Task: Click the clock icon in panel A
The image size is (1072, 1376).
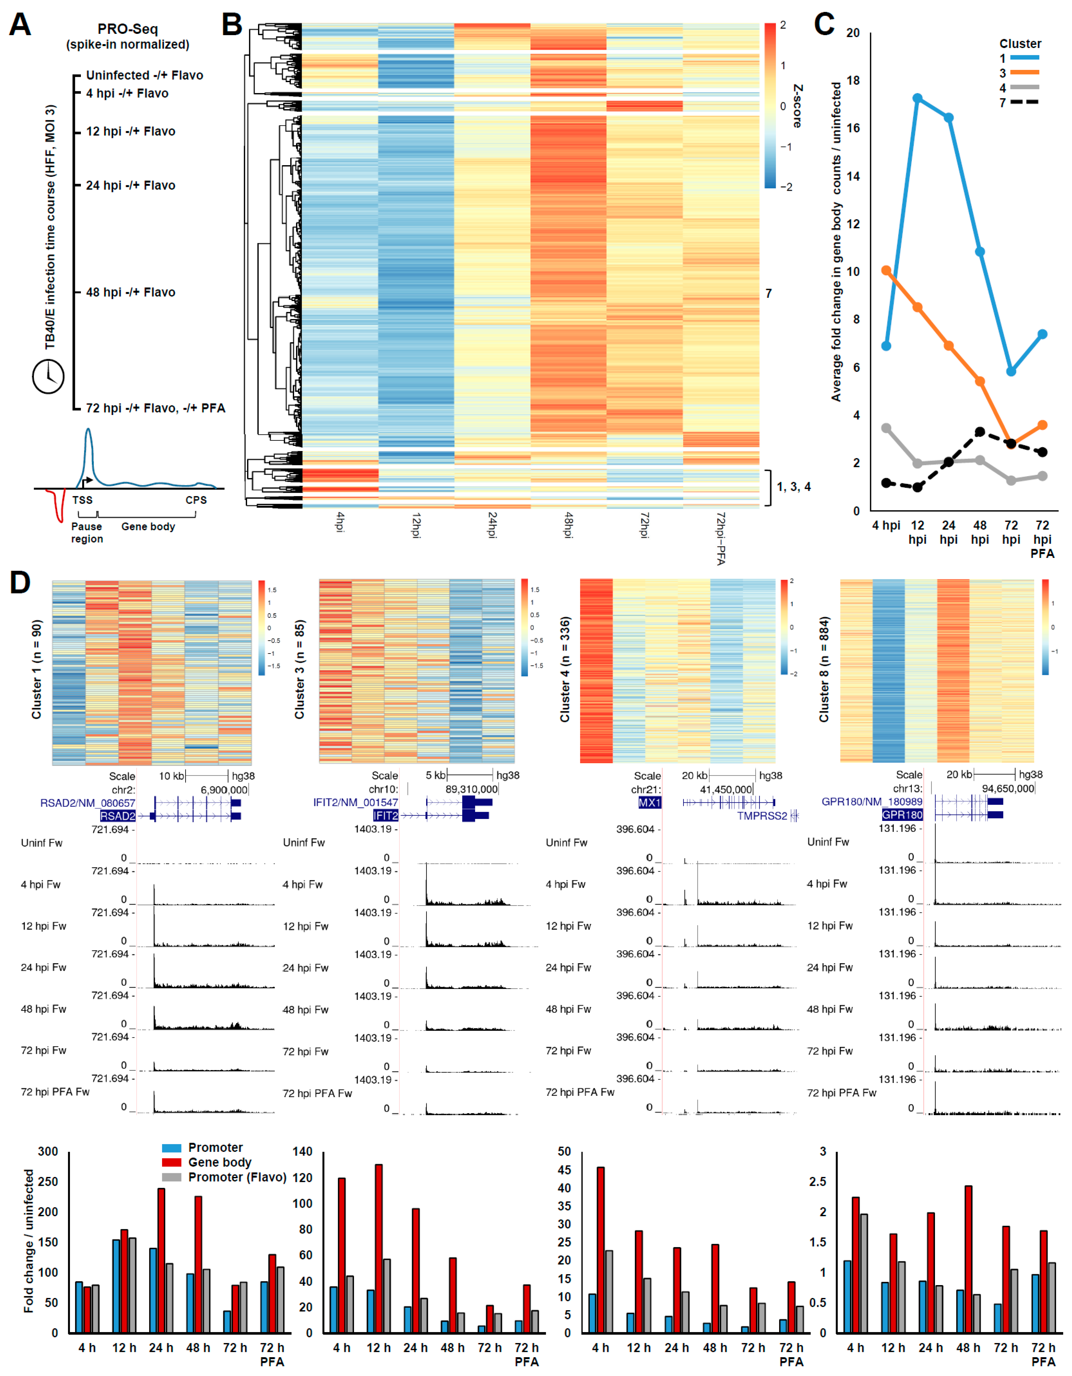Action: coord(49,376)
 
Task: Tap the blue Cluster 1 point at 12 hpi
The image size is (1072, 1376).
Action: coord(918,98)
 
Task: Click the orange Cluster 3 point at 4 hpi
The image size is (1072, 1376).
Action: coord(886,270)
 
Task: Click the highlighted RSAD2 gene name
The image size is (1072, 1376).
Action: coord(118,816)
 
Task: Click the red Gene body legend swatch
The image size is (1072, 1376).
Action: coord(172,1163)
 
